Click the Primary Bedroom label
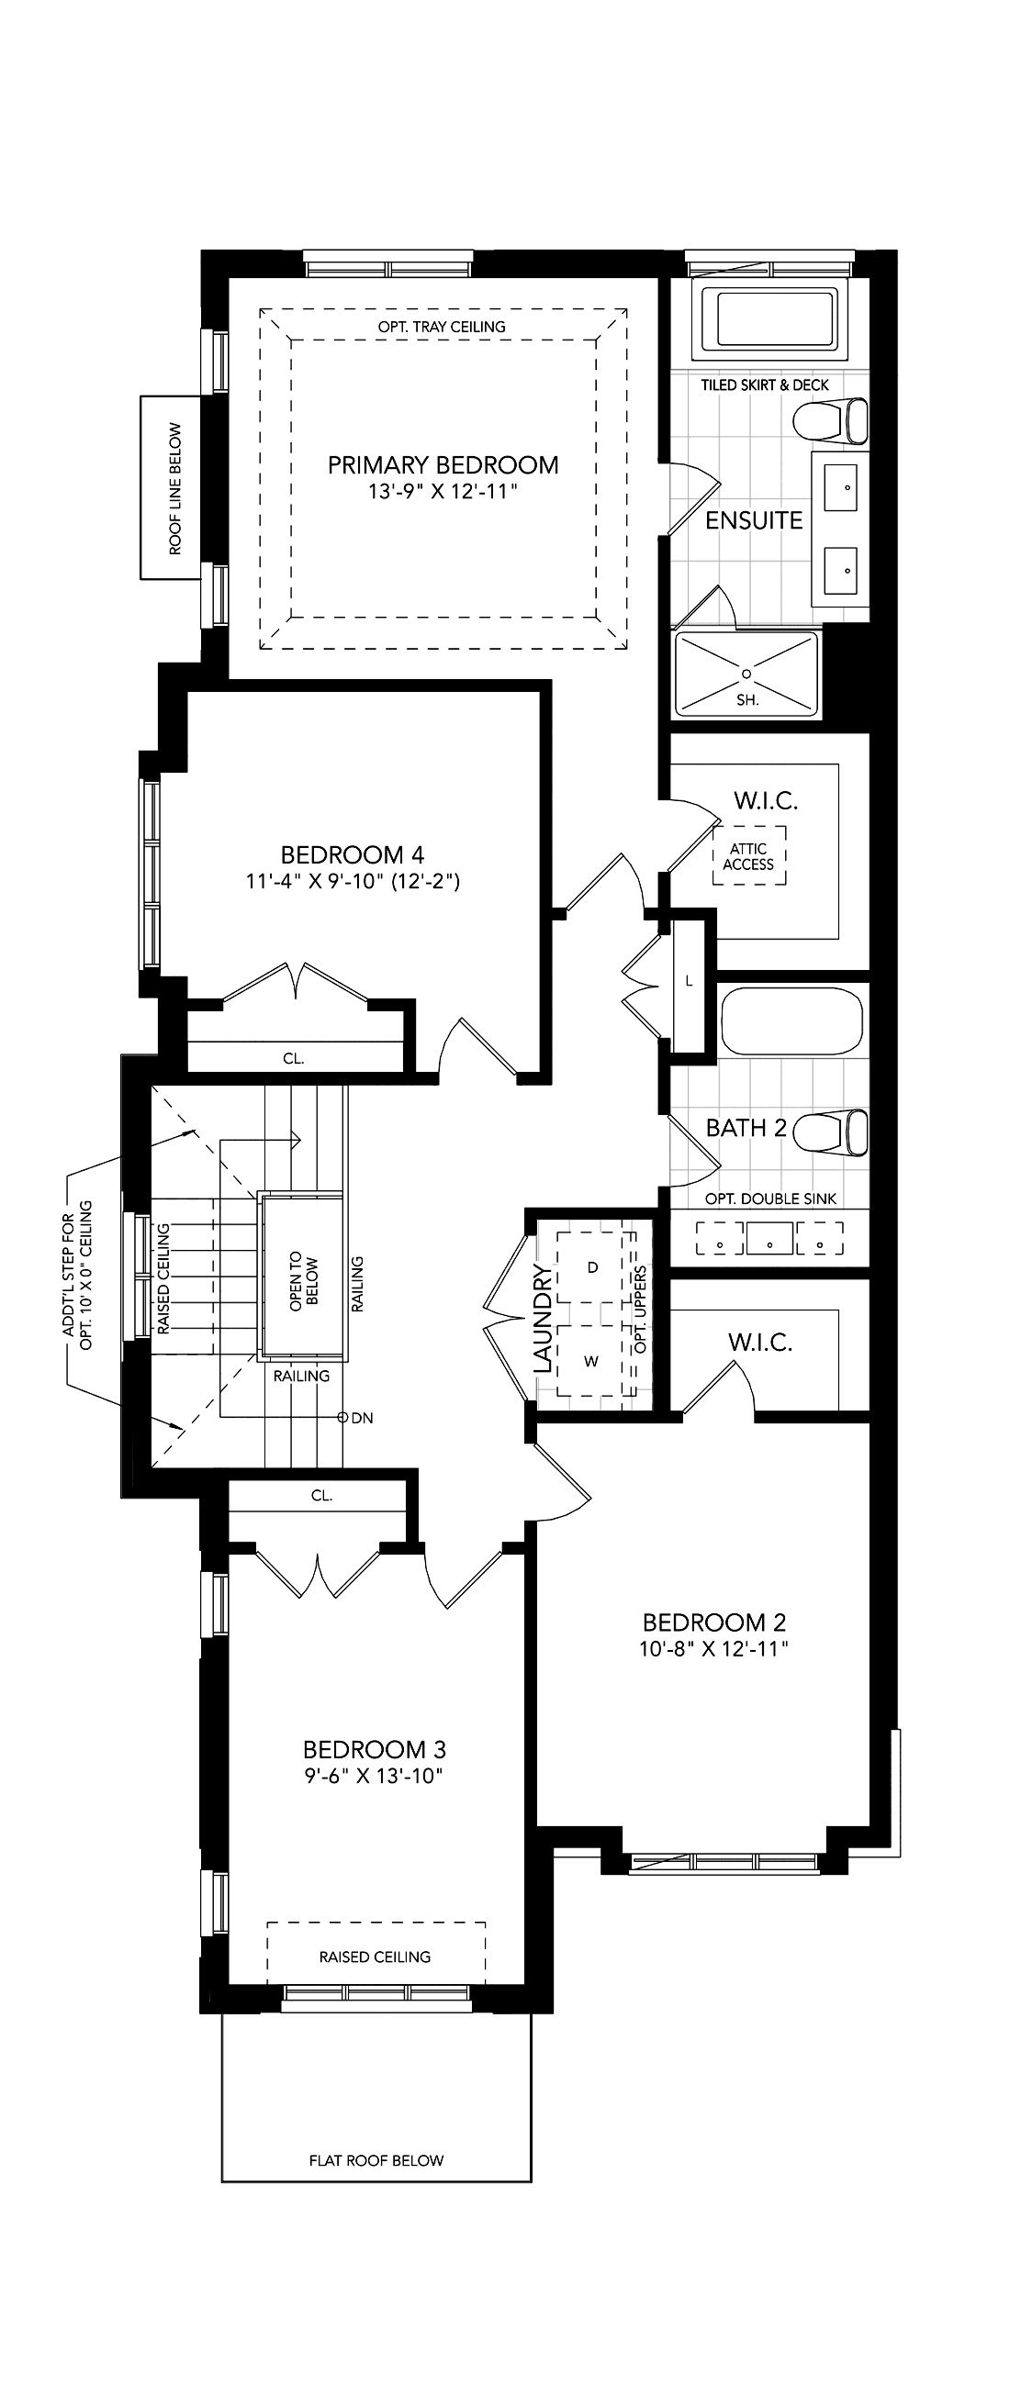click(x=443, y=464)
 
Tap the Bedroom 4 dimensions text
click(x=353, y=881)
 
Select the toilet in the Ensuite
click(x=830, y=421)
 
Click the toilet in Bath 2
click(x=830, y=1133)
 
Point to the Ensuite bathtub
click(x=769, y=319)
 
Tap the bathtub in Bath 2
click(x=791, y=1021)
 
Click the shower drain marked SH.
click(x=746, y=673)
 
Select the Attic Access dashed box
click(x=748, y=854)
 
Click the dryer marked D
click(x=593, y=1267)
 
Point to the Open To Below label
click(x=303, y=1281)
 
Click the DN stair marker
click(x=356, y=1417)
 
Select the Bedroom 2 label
click(x=714, y=1622)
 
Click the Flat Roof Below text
click(x=376, y=2160)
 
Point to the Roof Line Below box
click(x=171, y=487)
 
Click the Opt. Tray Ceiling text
click(x=442, y=326)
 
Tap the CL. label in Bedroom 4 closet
click(x=294, y=1058)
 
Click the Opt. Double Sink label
click(x=771, y=1199)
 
